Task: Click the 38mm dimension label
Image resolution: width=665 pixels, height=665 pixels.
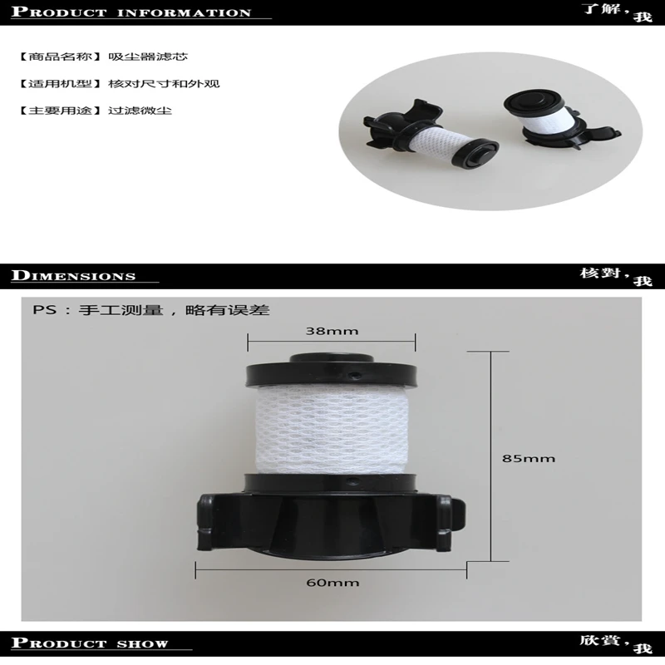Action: coord(331,331)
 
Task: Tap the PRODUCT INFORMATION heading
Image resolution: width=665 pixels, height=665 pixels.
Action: coord(133,12)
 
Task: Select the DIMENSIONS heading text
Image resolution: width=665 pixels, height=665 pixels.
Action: coord(75,276)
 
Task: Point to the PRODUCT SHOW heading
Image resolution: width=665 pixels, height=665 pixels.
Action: coord(91,643)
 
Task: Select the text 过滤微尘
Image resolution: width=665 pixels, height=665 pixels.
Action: coord(140,111)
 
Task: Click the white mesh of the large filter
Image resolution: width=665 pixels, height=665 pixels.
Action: coord(331,432)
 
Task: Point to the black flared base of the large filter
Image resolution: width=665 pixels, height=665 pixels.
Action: coord(331,520)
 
